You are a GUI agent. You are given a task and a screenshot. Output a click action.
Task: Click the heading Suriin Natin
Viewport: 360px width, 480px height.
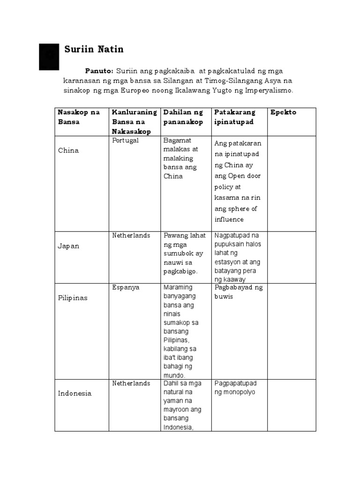93,49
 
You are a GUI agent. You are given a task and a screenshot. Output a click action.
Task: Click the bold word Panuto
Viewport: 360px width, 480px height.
99,71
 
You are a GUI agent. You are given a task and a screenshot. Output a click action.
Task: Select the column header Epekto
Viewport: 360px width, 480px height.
283,112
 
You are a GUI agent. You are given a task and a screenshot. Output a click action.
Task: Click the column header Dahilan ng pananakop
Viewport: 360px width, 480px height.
183,117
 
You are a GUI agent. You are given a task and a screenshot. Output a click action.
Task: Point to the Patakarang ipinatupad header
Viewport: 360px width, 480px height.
235,117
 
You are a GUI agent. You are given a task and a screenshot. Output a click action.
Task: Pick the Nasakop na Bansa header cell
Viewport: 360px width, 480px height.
79,117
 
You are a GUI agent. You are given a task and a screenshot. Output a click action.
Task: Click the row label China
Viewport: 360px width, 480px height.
68,150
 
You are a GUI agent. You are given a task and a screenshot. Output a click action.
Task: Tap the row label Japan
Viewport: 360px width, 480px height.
68,246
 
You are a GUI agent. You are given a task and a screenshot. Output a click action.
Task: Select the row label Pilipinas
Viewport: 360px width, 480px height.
73,298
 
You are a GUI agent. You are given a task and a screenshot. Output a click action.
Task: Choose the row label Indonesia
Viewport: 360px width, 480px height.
75,393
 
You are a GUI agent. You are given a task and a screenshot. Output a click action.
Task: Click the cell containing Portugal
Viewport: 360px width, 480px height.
125,141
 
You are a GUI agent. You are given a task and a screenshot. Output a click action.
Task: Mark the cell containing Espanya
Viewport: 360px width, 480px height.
126,287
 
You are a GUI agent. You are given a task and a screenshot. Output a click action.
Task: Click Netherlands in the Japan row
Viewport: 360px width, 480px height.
131,236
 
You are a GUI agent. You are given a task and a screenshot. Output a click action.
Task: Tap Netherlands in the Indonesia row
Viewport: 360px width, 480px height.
131,383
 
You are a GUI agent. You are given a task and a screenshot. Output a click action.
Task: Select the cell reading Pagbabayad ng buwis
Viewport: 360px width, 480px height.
238,292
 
